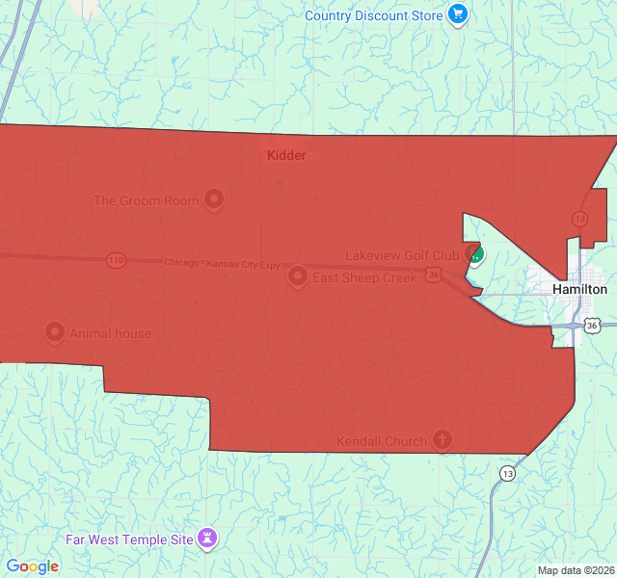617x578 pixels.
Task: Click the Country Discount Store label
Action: (x=374, y=15)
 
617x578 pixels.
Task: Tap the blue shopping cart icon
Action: (x=457, y=15)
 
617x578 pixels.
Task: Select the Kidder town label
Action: (x=286, y=155)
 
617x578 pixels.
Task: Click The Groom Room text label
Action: (x=147, y=200)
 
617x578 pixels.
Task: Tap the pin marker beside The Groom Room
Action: (x=214, y=200)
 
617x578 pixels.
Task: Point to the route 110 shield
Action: (x=116, y=260)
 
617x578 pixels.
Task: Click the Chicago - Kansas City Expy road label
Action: (x=222, y=263)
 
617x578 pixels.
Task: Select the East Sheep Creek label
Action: (x=364, y=277)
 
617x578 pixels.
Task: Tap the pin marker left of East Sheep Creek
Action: (x=298, y=276)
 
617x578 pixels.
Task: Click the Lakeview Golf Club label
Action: (x=402, y=255)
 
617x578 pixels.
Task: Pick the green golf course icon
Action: (x=474, y=255)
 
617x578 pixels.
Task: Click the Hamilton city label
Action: (x=579, y=289)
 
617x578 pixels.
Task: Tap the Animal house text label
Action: (x=110, y=334)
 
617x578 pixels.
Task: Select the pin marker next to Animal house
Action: (x=55, y=333)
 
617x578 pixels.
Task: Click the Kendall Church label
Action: (x=381, y=441)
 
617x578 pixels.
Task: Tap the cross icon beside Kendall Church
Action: (x=442, y=440)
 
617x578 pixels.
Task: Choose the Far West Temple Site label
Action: (x=129, y=539)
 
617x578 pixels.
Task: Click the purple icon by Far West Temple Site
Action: (x=207, y=538)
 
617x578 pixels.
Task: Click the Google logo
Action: (x=32, y=566)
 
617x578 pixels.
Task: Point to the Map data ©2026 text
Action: (x=575, y=570)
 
